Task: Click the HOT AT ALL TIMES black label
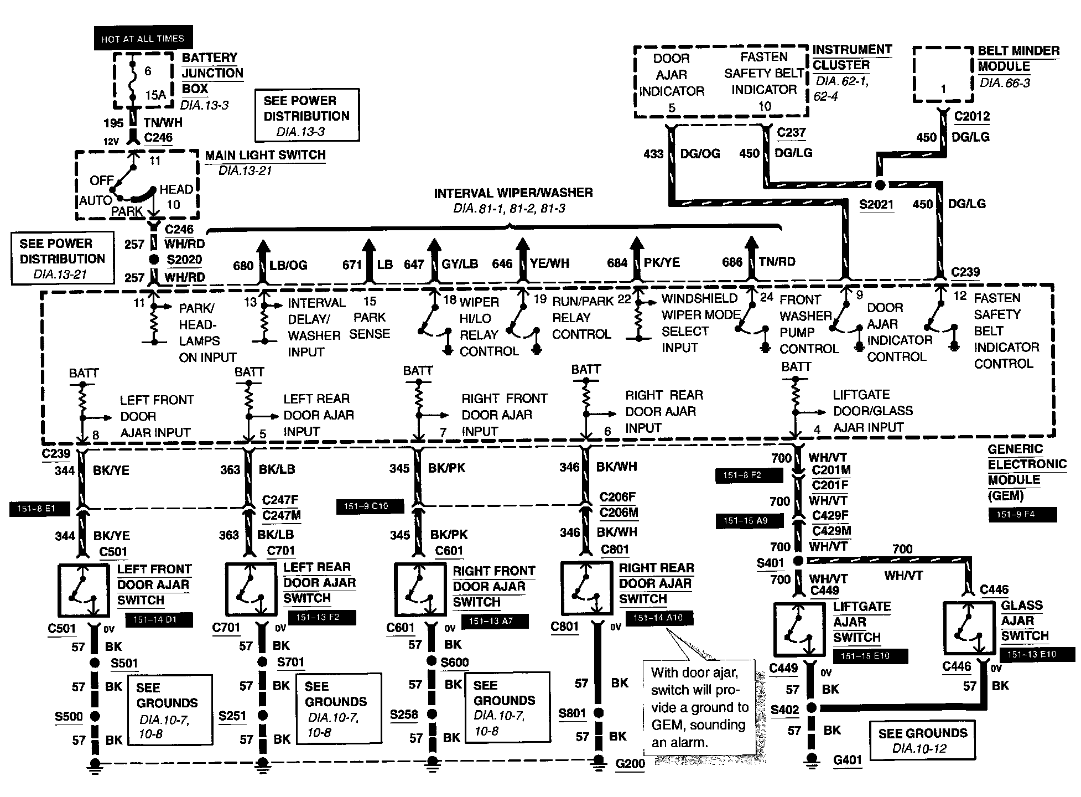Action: point(143,38)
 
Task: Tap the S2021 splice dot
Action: point(880,185)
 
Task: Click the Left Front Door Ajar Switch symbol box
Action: point(83,590)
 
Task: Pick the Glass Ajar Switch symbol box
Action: point(969,629)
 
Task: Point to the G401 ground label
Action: point(848,759)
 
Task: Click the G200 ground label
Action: point(630,764)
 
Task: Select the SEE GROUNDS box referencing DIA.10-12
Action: point(922,741)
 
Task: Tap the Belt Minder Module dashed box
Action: point(943,75)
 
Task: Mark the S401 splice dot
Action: point(798,561)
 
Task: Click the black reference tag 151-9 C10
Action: point(370,506)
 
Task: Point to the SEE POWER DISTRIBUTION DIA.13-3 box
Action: point(306,115)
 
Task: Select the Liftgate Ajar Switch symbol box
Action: point(799,630)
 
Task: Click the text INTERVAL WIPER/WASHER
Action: point(513,193)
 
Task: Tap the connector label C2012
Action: point(972,117)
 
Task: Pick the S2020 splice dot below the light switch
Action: point(154,260)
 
